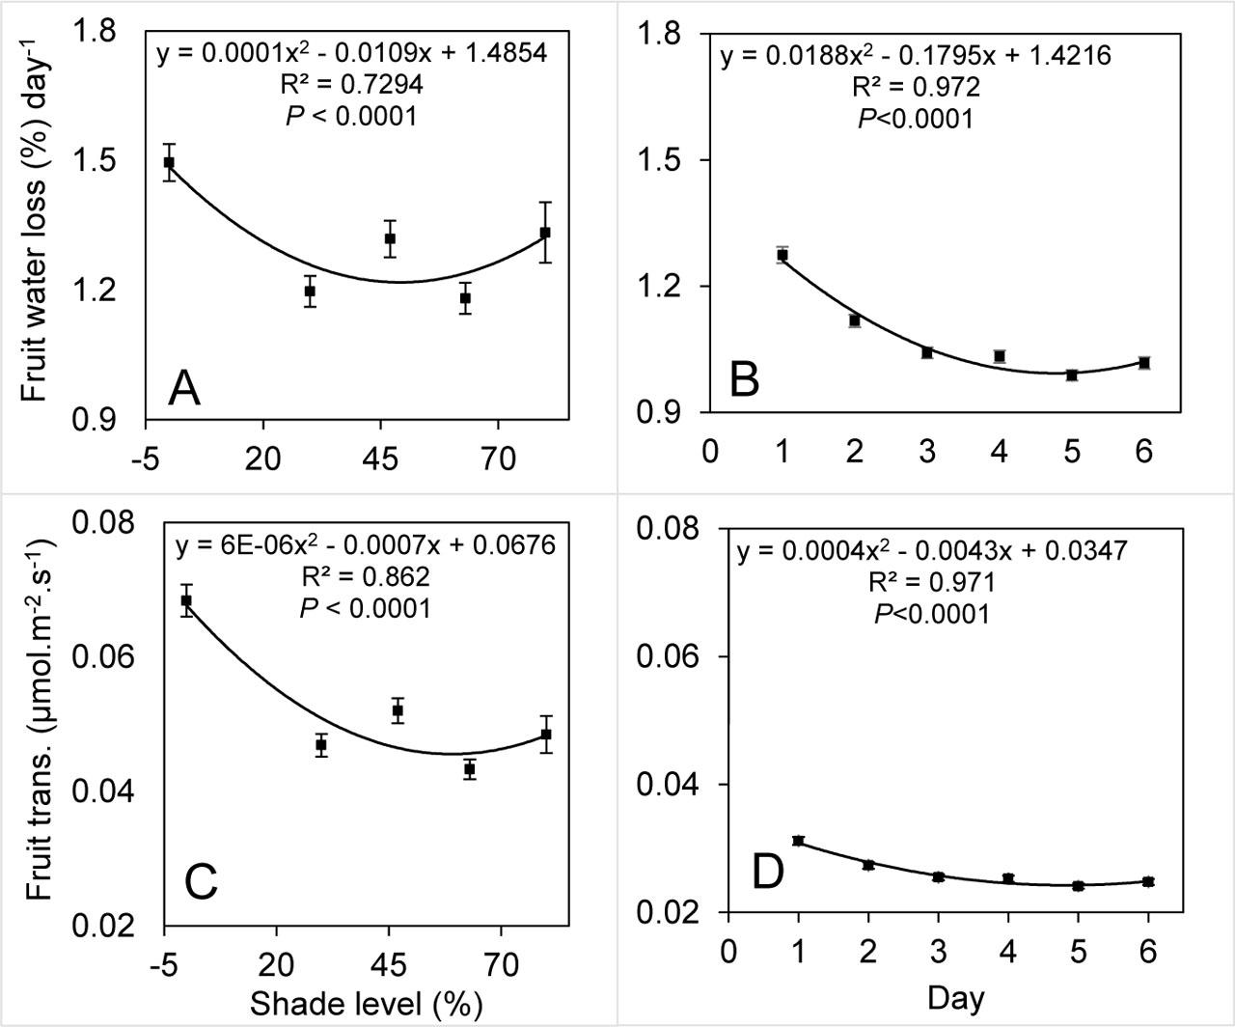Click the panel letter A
[x=183, y=389]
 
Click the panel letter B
[x=744, y=380]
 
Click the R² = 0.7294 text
[x=352, y=85]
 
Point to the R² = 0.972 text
[x=916, y=88]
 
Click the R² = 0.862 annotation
[x=365, y=577]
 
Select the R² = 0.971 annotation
[x=931, y=582]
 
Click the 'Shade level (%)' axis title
[x=366, y=1003]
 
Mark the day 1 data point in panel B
[x=782, y=255]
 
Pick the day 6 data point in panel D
[x=1148, y=881]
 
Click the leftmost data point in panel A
[x=169, y=162]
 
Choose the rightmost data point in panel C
[x=546, y=735]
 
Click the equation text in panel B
[x=916, y=55]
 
